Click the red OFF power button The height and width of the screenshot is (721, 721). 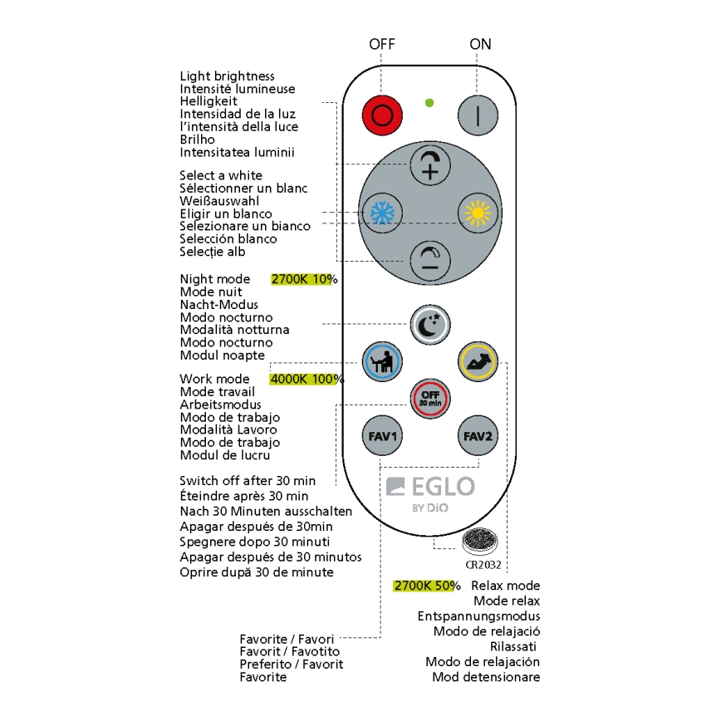click(382, 115)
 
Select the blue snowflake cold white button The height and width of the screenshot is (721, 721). click(381, 213)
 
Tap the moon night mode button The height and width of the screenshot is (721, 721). click(430, 324)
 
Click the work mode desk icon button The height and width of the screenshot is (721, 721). click(383, 362)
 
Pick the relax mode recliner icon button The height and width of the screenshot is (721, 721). click(477, 362)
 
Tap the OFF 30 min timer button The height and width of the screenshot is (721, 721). click(430, 398)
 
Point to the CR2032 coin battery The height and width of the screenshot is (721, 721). click(478, 543)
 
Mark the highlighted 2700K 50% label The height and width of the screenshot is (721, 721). click(426, 586)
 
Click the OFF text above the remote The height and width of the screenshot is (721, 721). click(382, 43)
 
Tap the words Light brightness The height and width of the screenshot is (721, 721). click(227, 76)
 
